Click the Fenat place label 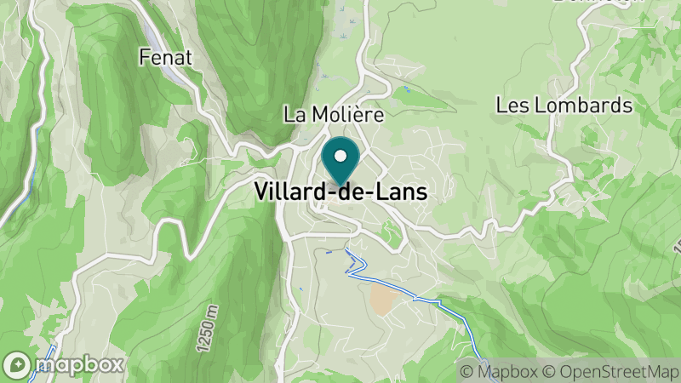click(x=166, y=58)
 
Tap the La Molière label click(x=334, y=114)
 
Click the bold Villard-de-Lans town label click(x=340, y=192)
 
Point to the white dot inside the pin click(x=340, y=155)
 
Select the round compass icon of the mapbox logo click(x=17, y=364)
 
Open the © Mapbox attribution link click(x=499, y=372)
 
